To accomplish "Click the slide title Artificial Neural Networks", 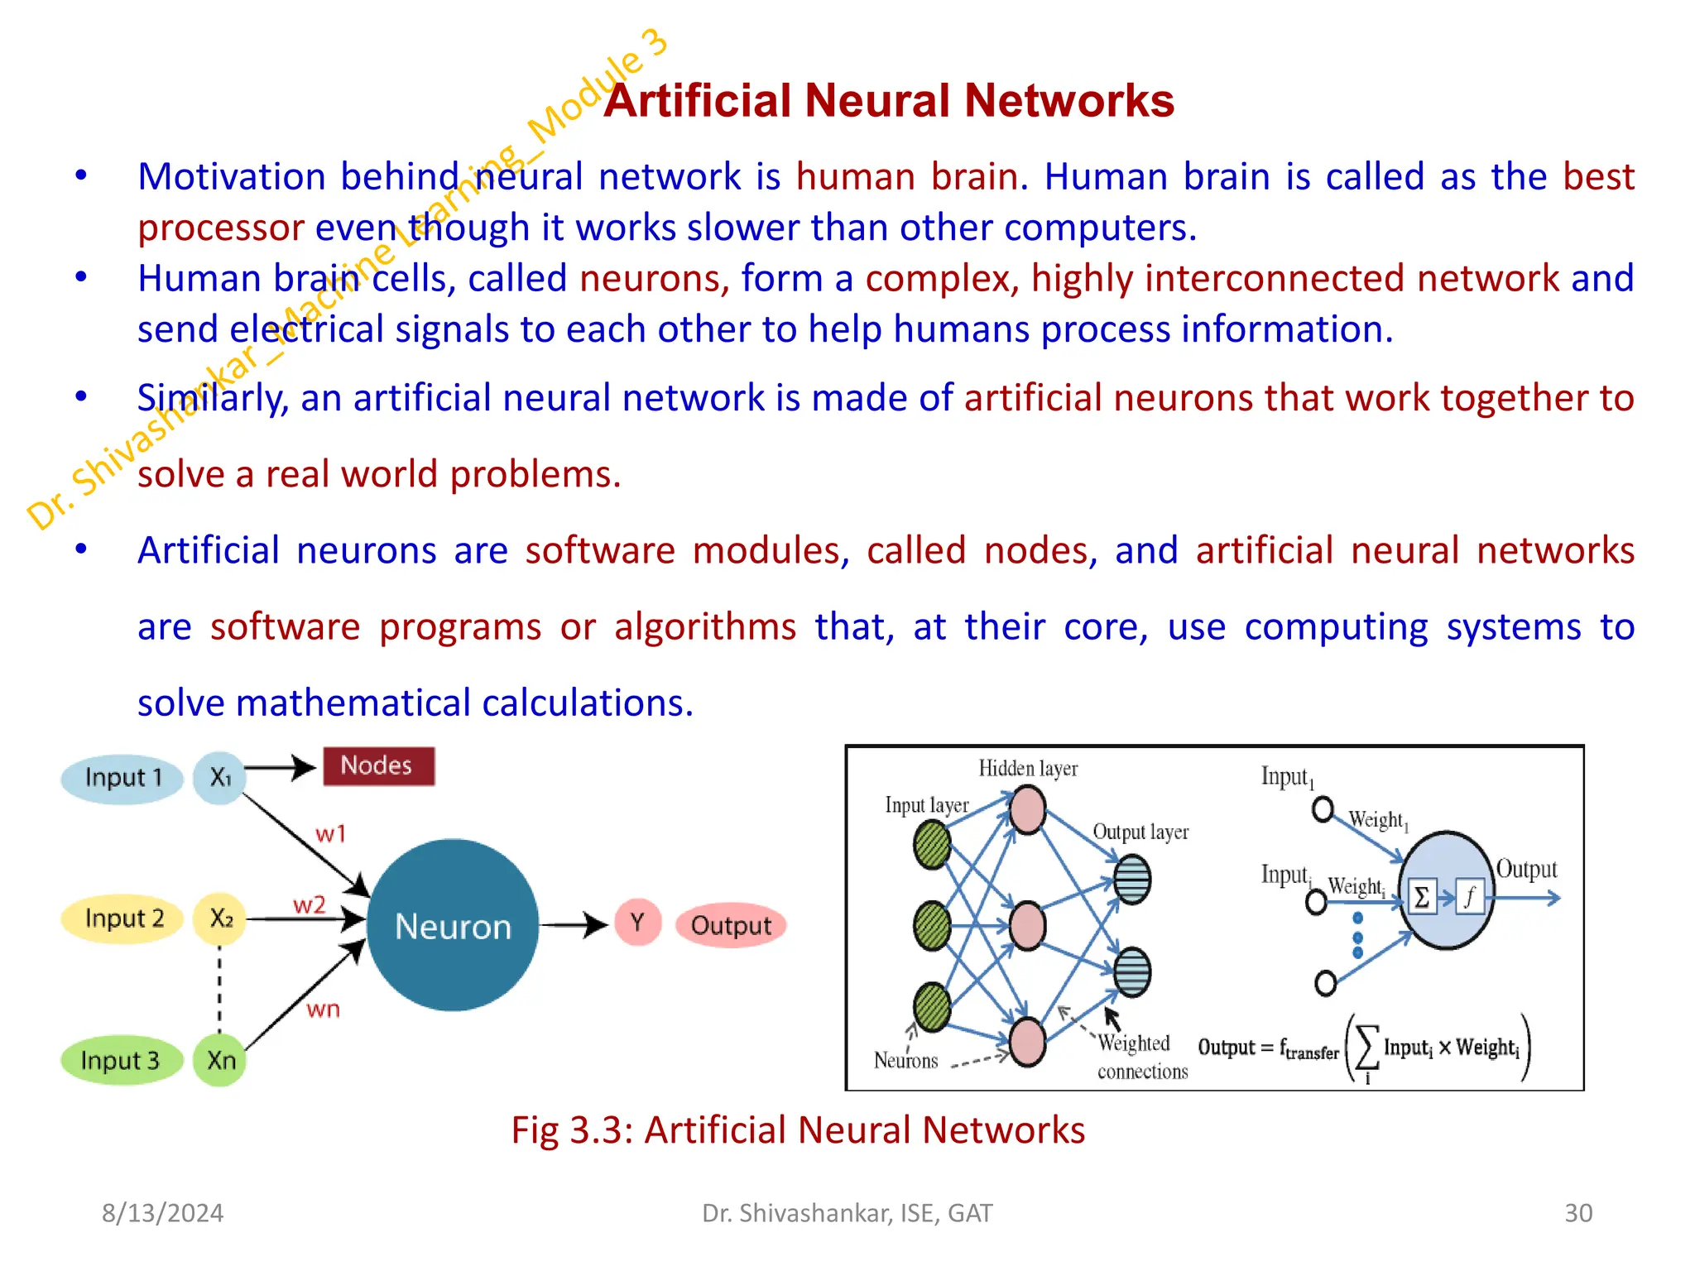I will click(888, 101).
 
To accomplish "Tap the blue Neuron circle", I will click(453, 925).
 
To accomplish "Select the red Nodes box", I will click(377, 765).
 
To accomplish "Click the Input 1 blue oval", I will click(122, 778).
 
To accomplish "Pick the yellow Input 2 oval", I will click(122, 918).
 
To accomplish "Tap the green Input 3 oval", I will click(121, 1060).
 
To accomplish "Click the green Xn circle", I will click(220, 1060).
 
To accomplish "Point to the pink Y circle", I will click(637, 922).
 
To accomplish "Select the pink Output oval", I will click(730, 925).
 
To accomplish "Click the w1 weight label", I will click(330, 833).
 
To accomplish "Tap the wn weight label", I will click(323, 1010).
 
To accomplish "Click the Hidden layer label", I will click(1028, 769).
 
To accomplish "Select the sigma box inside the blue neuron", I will click(1421, 897).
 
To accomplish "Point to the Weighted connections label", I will click(1140, 1057).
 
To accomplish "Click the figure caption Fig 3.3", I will click(798, 1130).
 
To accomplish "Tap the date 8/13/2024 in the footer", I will click(162, 1213).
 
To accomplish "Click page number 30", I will click(1577, 1213).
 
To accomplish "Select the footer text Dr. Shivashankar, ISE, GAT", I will click(847, 1213).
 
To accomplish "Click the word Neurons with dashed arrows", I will click(905, 1061).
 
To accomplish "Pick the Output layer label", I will click(1140, 832).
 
